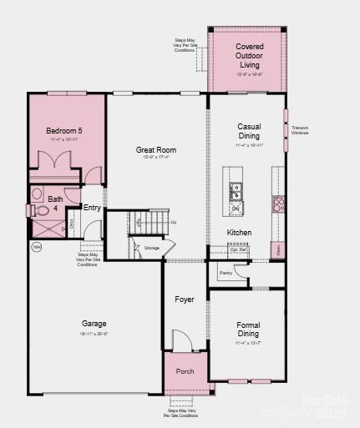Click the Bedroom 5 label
point(63,132)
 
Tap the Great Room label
point(156,150)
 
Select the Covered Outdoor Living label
point(249,55)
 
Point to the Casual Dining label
point(249,130)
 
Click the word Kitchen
point(239,233)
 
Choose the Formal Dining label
point(248,330)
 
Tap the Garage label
point(94,323)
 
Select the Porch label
point(185,371)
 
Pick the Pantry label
point(226,273)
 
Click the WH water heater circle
point(37,247)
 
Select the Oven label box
point(277,249)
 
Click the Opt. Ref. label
point(239,249)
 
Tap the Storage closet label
point(151,248)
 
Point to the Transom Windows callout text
point(300,130)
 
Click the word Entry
point(92,208)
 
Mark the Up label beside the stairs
point(173,222)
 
